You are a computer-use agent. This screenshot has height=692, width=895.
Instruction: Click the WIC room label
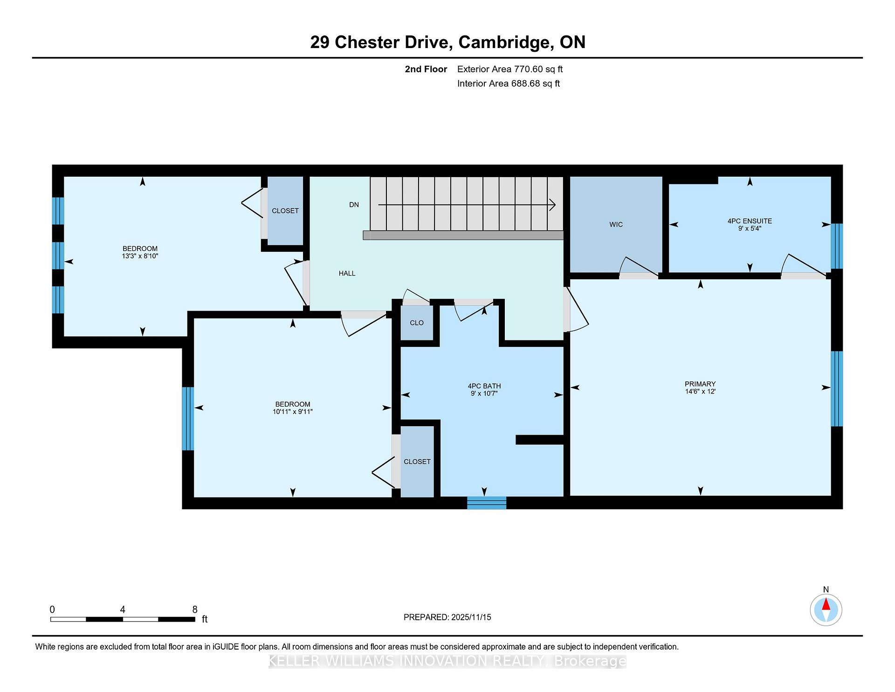616,225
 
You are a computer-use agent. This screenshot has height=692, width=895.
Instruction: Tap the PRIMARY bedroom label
700,384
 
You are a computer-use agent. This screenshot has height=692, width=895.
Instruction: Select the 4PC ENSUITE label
750,221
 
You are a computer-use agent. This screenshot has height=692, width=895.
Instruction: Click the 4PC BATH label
484,386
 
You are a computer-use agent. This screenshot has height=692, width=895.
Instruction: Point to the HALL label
347,274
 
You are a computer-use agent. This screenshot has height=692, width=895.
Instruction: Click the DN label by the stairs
354,205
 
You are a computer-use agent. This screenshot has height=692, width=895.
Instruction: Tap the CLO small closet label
417,323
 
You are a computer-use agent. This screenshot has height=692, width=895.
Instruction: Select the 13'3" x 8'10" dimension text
140,256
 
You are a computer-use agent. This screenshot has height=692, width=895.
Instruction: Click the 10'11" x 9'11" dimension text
293,412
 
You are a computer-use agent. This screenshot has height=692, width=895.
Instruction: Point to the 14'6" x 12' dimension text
700,392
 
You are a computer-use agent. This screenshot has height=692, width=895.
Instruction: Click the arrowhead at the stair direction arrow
553,205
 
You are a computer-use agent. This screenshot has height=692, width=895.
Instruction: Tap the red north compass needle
826,604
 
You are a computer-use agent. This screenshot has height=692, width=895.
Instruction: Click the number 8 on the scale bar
195,609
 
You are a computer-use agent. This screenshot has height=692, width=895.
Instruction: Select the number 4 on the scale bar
123,609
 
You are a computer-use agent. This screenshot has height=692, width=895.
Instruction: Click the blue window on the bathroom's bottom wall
487,503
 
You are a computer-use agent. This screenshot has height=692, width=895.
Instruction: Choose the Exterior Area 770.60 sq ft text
510,69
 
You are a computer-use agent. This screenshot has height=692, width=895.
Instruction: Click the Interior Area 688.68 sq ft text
509,84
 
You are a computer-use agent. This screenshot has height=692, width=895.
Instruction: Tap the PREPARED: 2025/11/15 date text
447,617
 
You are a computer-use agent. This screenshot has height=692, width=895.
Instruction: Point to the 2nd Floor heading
426,69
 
